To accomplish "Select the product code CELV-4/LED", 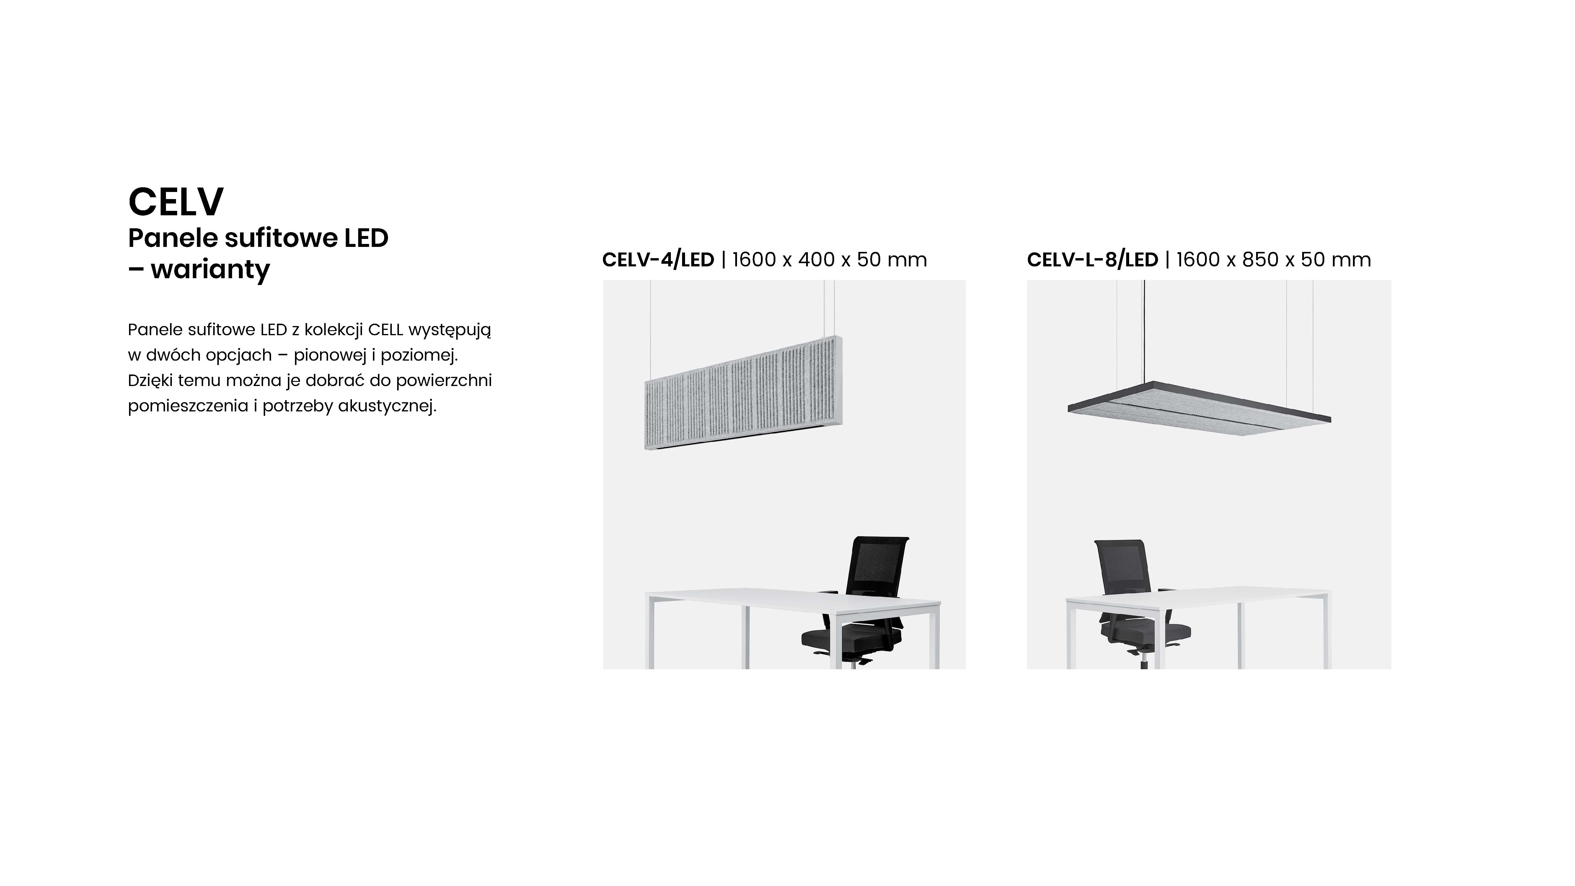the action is (x=658, y=260).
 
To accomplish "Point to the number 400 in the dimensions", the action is (x=816, y=260).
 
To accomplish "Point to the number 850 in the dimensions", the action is (x=1260, y=260).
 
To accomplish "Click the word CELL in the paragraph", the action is (x=386, y=330).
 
